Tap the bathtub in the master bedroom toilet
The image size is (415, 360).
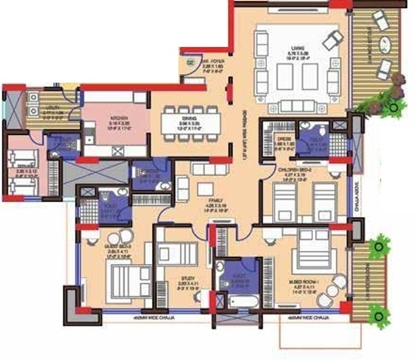point(239,299)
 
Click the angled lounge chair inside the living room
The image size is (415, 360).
point(333,40)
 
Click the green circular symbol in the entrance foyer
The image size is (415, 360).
point(191,61)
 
